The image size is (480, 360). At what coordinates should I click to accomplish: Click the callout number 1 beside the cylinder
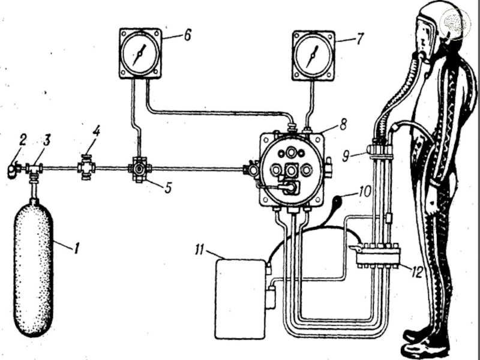pyautogui.click(x=77, y=248)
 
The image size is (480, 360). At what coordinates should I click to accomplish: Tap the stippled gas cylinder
pyautogui.click(x=33, y=268)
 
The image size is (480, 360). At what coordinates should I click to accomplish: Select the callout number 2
pyautogui.click(x=22, y=140)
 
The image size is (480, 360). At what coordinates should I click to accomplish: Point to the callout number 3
pyautogui.click(x=46, y=140)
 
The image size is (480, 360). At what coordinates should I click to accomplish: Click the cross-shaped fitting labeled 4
pyautogui.click(x=86, y=167)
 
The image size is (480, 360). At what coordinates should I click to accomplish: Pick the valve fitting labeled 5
pyautogui.click(x=140, y=169)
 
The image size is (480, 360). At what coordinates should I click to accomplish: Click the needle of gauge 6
pyautogui.click(x=139, y=55)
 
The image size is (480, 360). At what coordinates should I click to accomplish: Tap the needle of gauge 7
pyautogui.click(x=313, y=56)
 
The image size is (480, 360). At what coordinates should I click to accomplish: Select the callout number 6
pyautogui.click(x=187, y=35)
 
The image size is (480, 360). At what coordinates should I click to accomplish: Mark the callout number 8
pyautogui.click(x=342, y=124)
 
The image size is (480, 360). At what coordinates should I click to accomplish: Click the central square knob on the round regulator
pyautogui.click(x=291, y=170)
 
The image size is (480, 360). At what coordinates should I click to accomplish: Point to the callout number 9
pyautogui.click(x=346, y=157)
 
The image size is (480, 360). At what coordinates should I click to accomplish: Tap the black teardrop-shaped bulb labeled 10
pyautogui.click(x=338, y=202)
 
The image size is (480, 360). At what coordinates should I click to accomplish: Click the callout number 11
pyautogui.click(x=199, y=250)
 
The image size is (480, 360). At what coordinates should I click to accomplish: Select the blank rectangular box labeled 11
pyautogui.click(x=240, y=299)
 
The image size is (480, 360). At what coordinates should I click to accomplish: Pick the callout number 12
pyautogui.click(x=416, y=272)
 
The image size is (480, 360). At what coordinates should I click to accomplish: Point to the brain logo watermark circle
pyautogui.click(x=455, y=24)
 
